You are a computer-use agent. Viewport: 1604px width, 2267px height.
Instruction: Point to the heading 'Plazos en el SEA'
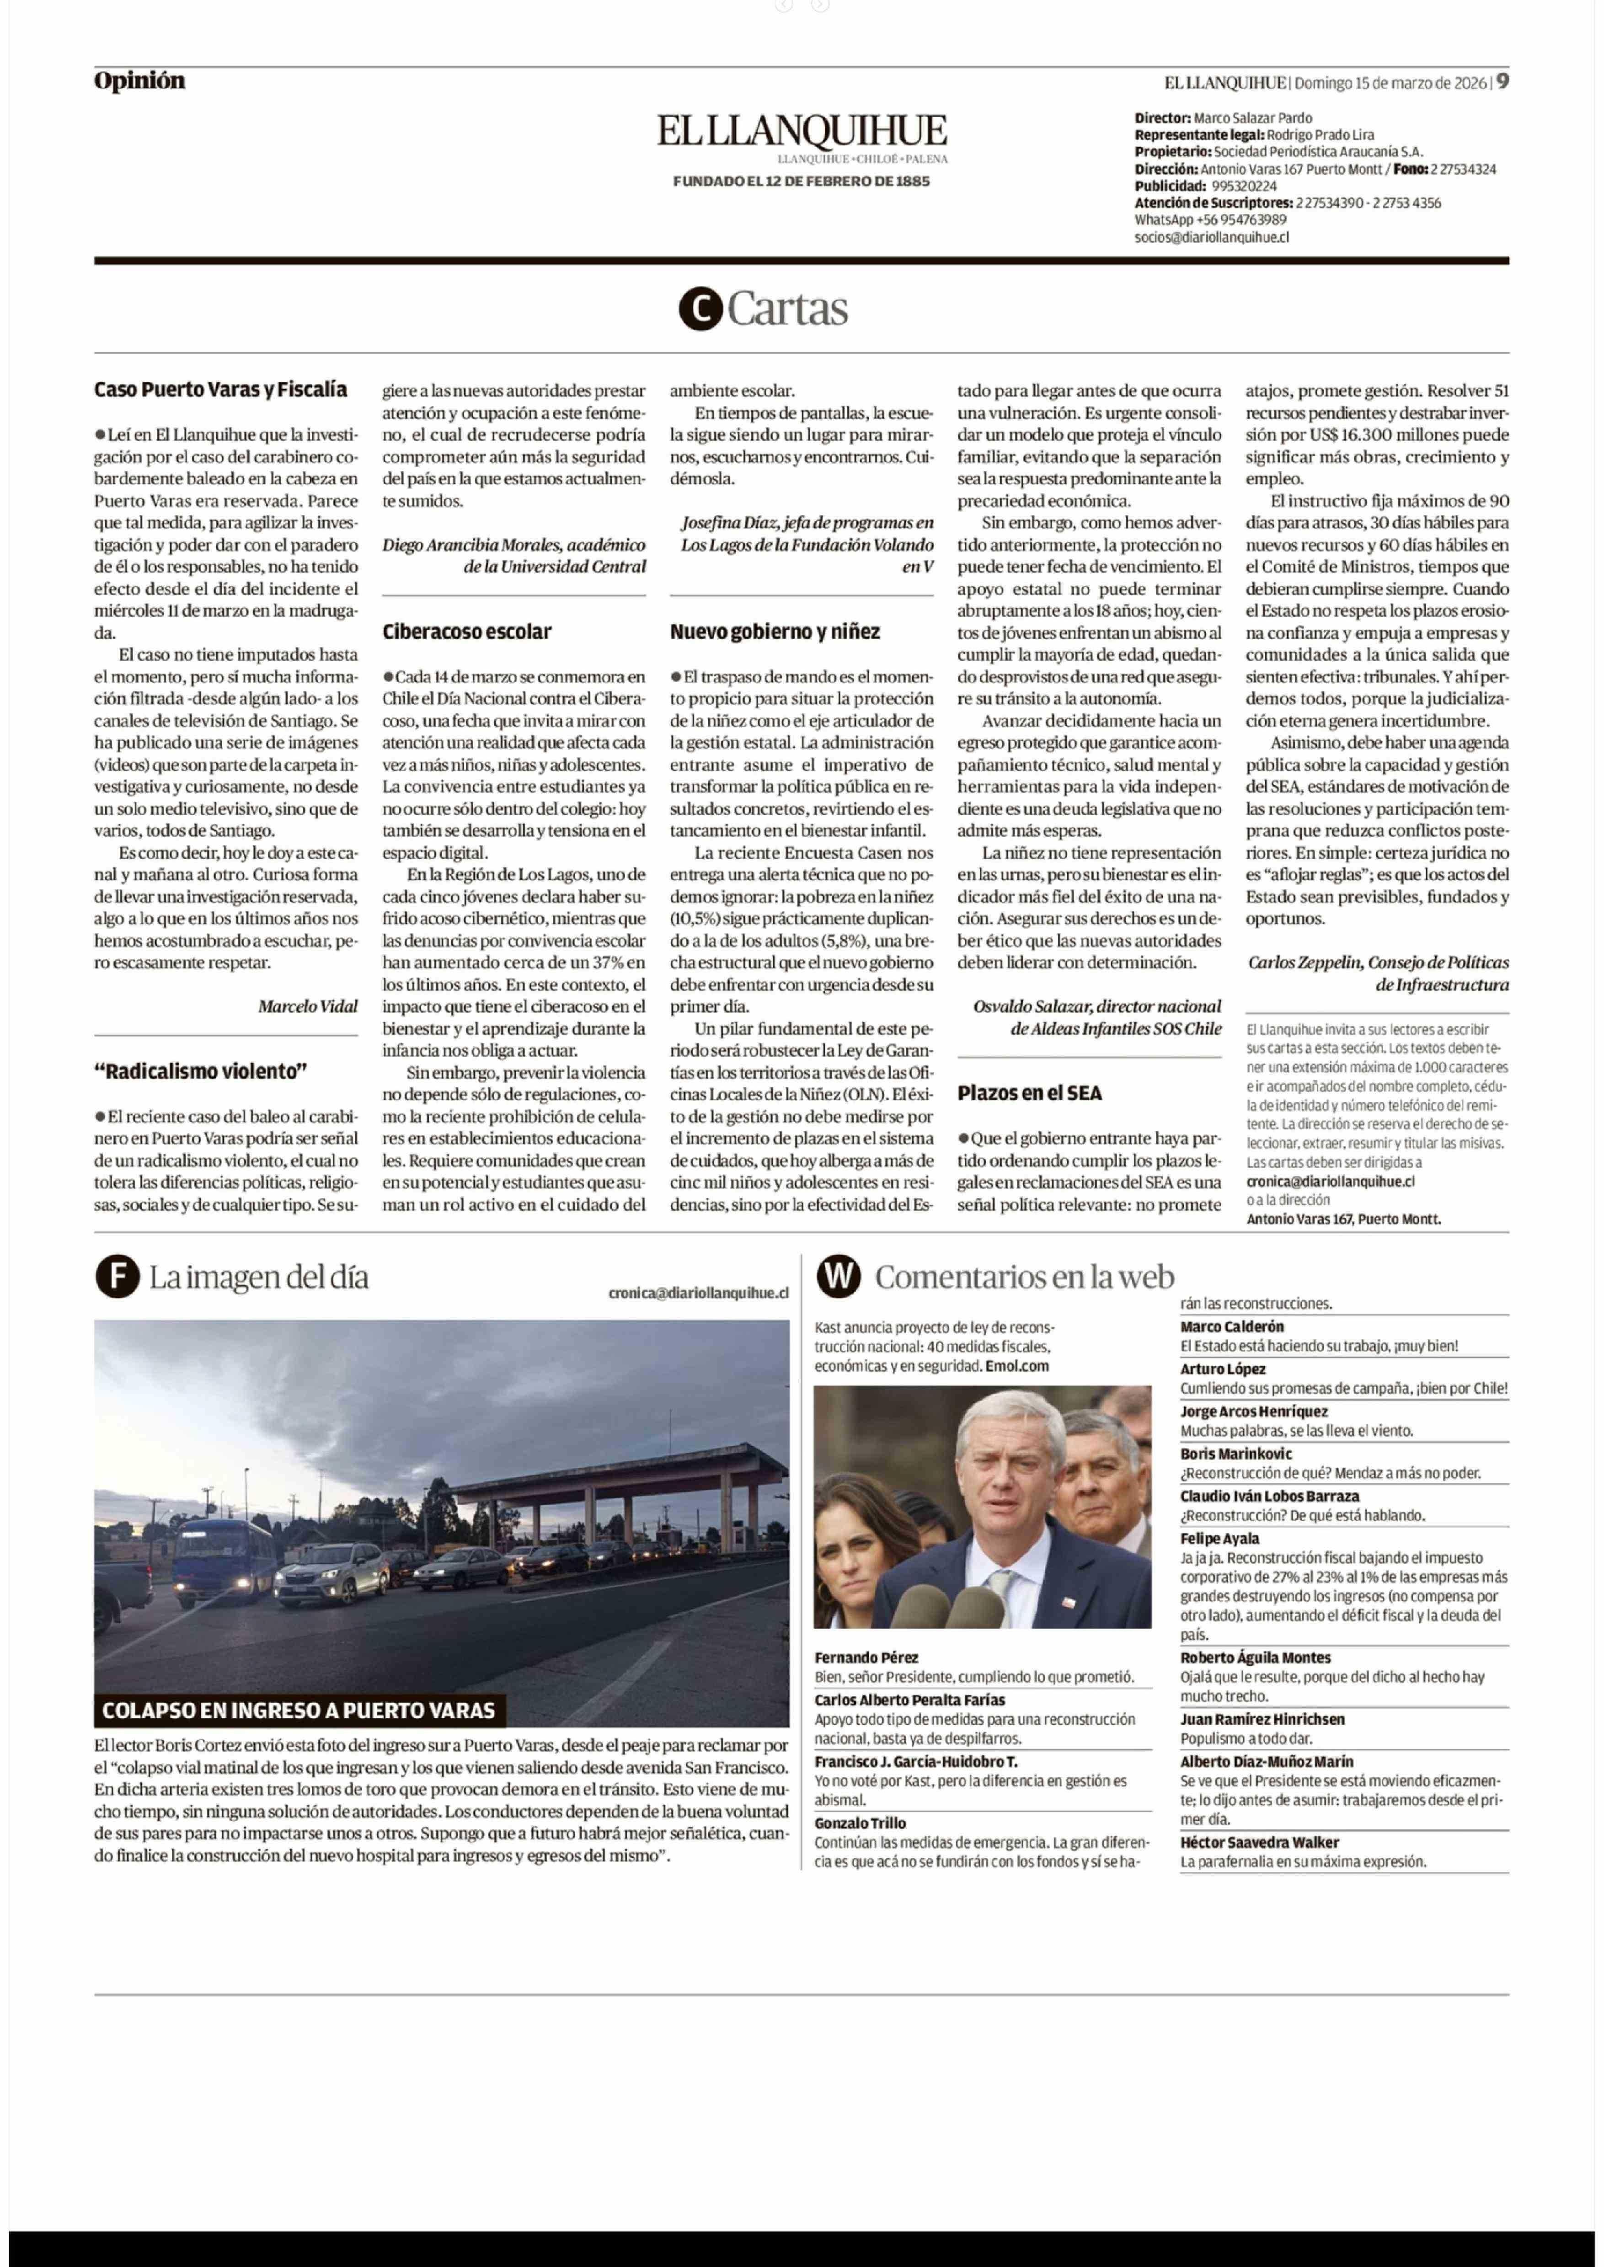[x=1029, y=1092]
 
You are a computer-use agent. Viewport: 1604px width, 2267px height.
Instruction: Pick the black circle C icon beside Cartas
[x=700, y=309]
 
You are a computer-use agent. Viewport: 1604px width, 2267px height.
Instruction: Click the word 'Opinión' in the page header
[x=139, y=81]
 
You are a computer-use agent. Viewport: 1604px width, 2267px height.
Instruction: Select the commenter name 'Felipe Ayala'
[x=1220, y=1538]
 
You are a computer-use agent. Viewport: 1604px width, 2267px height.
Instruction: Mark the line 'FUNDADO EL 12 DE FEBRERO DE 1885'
[x=801, y=182]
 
